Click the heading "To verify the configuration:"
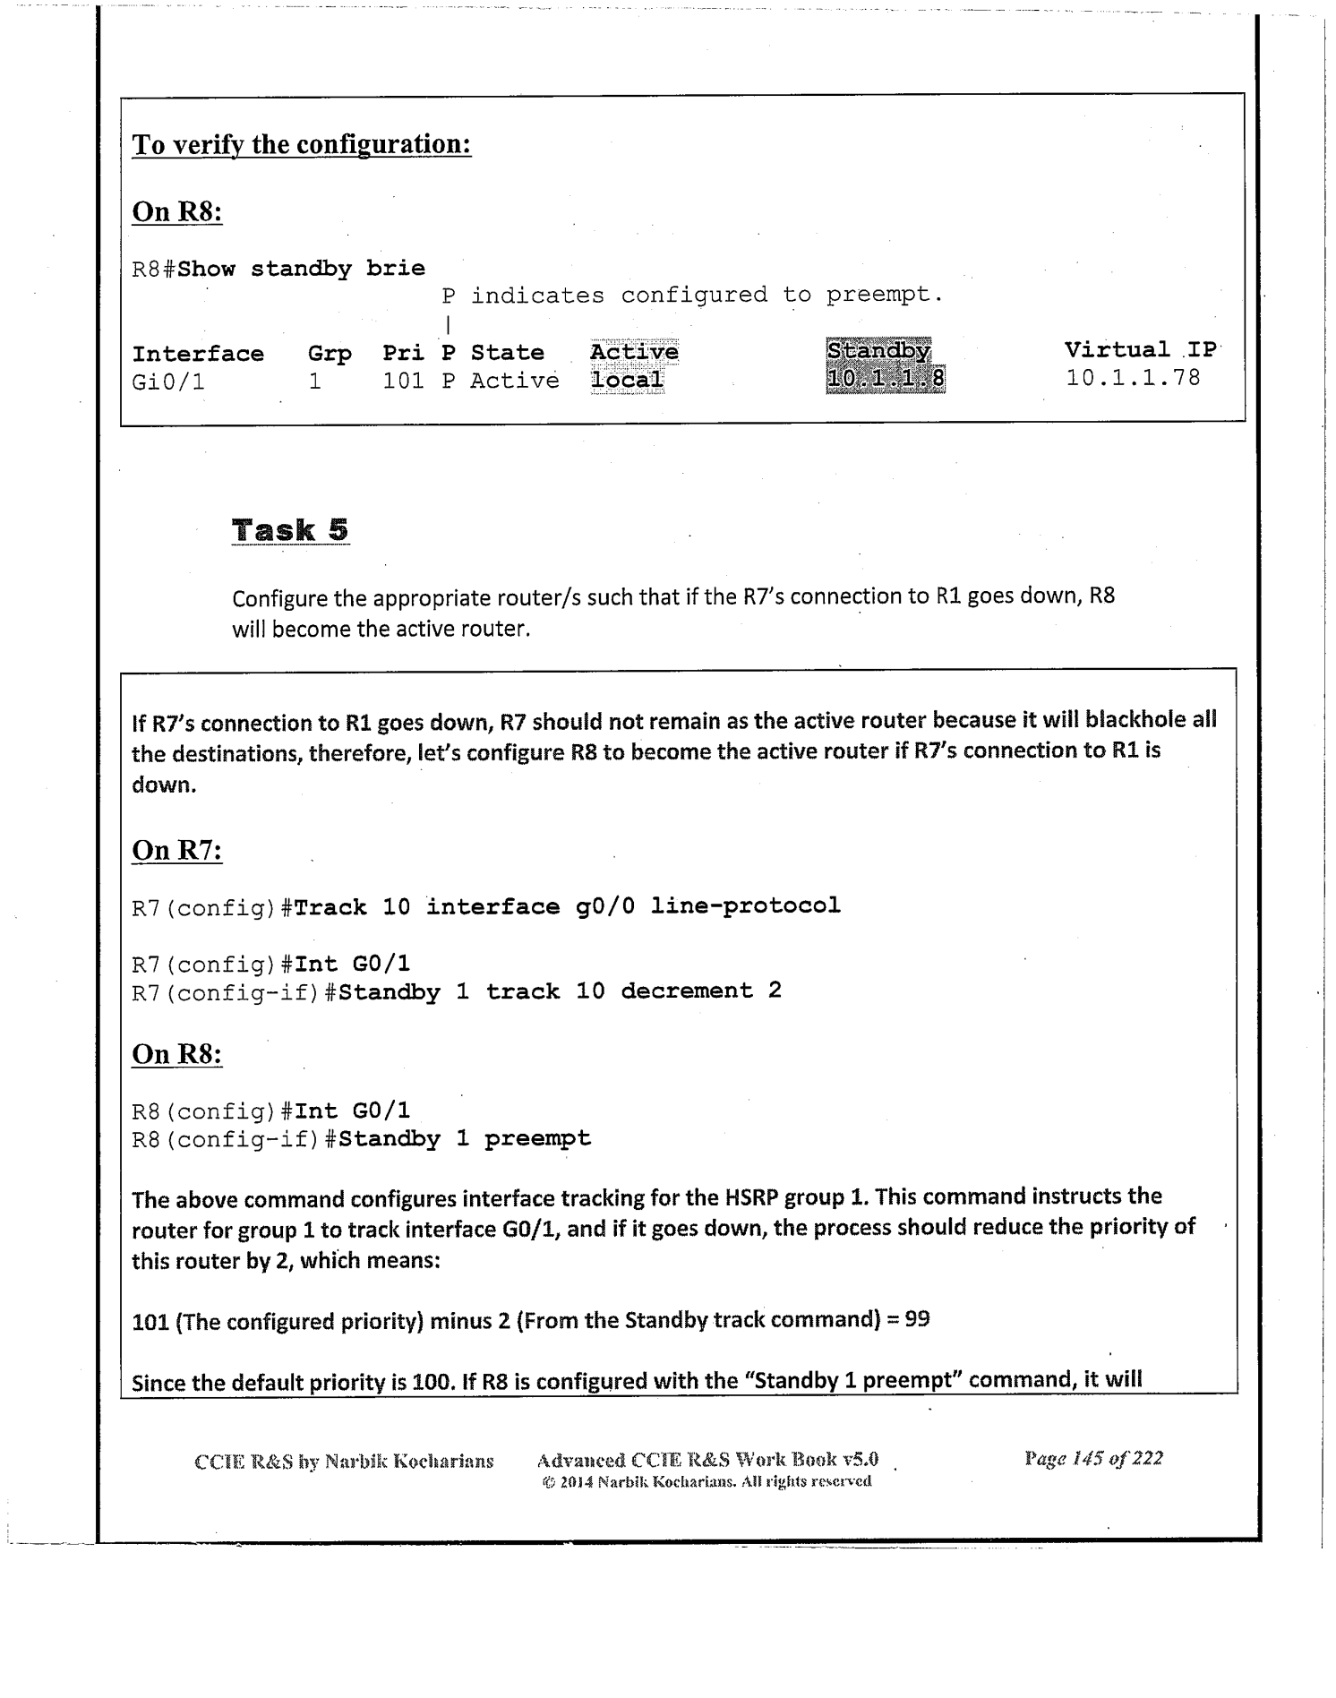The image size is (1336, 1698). click(302, 144)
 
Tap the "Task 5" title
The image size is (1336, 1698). click(290, 530)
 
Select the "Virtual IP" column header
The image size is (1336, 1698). click(1141, 350)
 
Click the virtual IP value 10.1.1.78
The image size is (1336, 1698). click(1133, 378)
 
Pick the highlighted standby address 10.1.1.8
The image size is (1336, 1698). click(885, 380)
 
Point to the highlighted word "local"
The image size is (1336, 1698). click(627, 380)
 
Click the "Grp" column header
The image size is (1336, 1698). click(330, 354)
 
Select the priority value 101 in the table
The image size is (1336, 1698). click(403, 382)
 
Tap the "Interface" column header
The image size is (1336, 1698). click(198, 354)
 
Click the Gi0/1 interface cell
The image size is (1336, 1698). click(168, 382)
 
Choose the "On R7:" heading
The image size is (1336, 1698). click(176, 849)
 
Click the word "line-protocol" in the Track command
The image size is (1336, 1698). click(746, 905)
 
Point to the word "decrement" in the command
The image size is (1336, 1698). click(687, 990)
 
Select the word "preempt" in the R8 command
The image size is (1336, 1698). click(537, 1139)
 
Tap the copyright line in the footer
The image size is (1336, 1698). click(707, 1481)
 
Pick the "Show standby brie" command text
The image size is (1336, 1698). click(302, 269)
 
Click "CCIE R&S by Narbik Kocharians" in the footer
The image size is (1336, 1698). click(344, 1462)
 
